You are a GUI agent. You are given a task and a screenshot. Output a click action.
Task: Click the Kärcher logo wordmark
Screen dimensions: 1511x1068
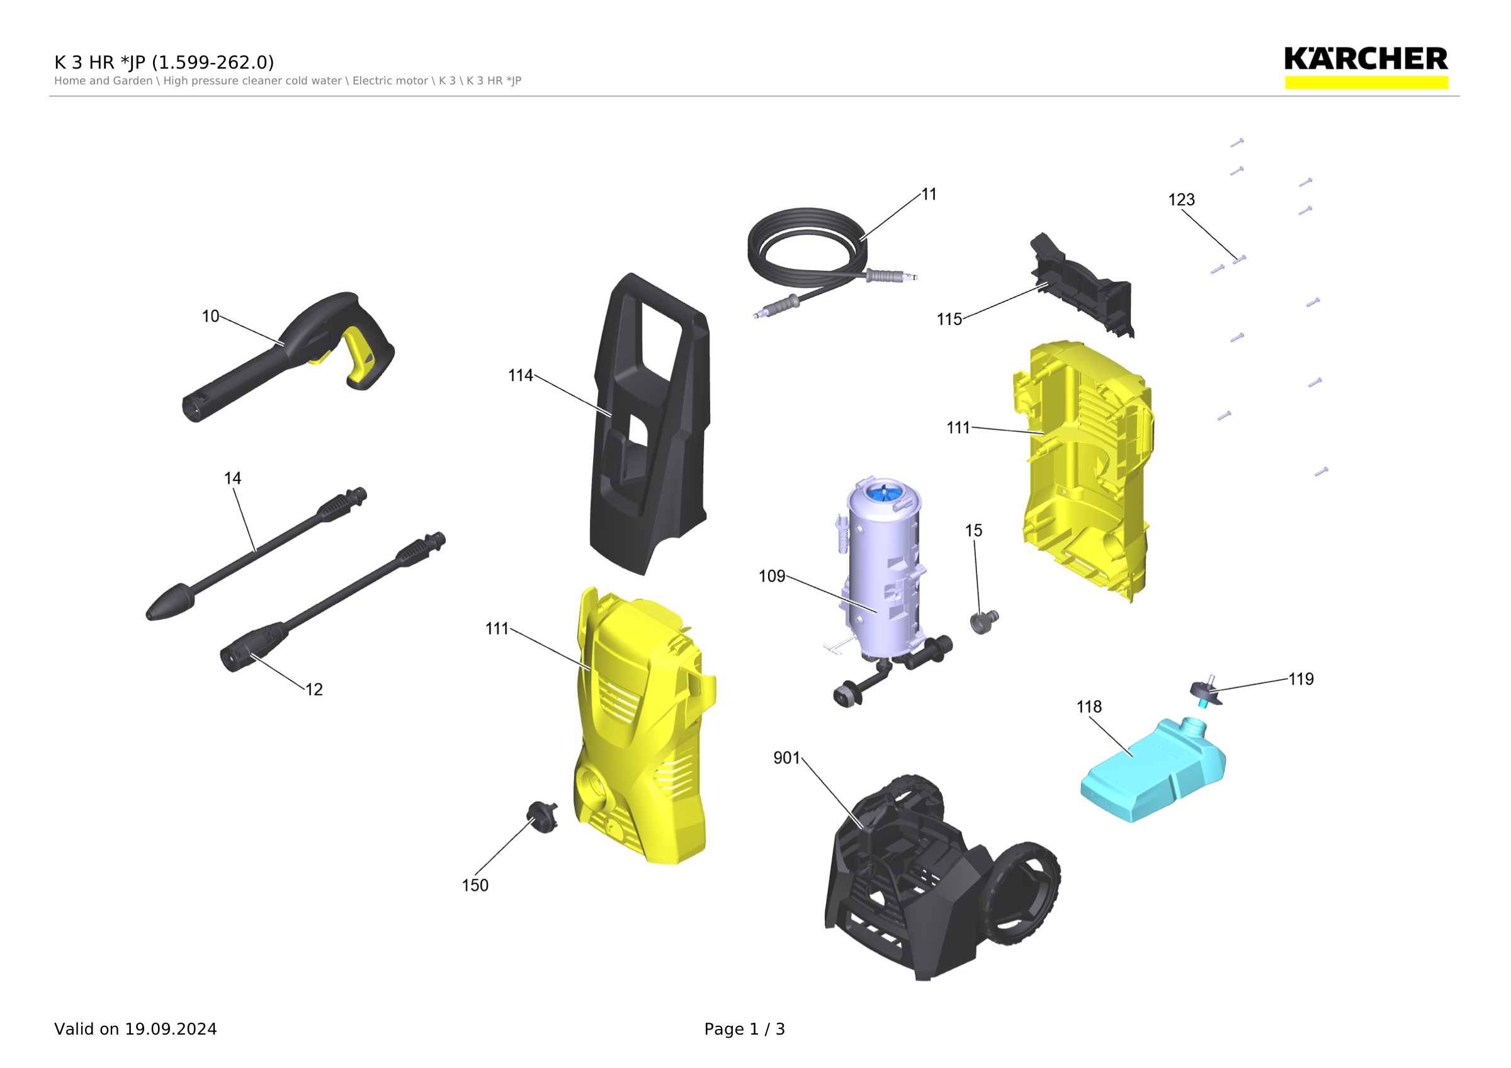(1366, 59)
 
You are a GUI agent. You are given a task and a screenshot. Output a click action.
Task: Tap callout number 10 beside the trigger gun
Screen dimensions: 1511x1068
(210, 317)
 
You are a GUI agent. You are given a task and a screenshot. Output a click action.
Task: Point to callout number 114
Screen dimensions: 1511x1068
(521, 376)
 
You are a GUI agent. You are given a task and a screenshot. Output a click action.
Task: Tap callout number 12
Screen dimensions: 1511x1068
(314, 690)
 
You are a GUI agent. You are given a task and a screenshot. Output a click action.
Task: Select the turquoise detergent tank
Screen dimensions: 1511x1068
(1153, 770)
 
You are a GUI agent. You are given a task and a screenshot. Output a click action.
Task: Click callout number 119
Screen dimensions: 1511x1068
(1301, 679)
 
